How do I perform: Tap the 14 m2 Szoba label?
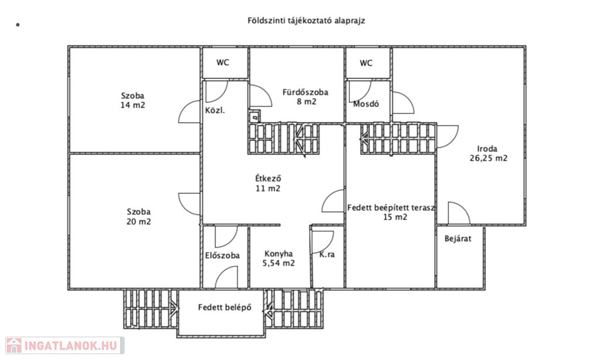click(x=133, y=101)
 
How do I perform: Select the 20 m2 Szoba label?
click(x=139, y=217)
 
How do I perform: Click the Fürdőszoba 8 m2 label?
click(x=305, y=97)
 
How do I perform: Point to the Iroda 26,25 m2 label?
click(x=488, y=153)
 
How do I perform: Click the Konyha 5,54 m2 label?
click(x=278, y=259)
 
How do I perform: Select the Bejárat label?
click(x=457, y=239)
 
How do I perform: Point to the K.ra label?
click(x=327, y=255)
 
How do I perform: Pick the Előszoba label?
click(x=222, y=255)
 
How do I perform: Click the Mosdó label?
click(x=366, y=104)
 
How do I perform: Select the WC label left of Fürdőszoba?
click(x=223, y=63)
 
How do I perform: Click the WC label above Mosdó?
click(x=366, y=63)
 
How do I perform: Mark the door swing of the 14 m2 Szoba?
click(x=190, y=111)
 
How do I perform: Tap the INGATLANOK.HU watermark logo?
click(x=63, y=345)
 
